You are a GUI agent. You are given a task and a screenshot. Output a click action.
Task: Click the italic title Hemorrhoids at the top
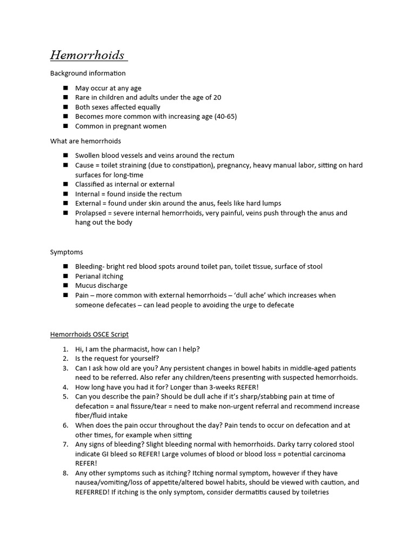point(87,55)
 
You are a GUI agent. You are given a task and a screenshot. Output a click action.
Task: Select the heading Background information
point(88,73)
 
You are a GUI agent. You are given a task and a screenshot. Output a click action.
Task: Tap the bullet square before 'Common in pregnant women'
point(65,126)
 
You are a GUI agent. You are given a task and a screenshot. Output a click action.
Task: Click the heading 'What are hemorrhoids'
point(85,141)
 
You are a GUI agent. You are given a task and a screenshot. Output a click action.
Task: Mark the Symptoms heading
point(66,252)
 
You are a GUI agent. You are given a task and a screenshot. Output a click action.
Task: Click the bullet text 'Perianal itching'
point(99,276)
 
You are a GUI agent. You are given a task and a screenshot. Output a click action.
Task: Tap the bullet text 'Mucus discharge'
point(101,286)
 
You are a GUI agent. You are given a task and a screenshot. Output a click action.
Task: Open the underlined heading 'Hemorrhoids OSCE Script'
point(89,335)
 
